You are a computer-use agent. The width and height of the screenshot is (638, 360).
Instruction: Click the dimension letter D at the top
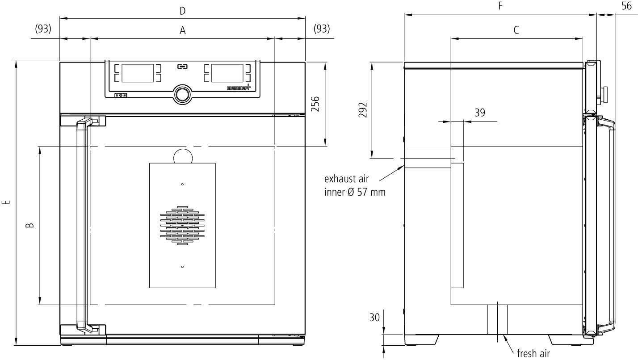tap(182, 11)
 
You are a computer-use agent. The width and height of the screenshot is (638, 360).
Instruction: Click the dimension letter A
tap(182, 30)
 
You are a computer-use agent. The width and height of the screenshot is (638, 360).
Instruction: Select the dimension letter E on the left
tap(6, 203)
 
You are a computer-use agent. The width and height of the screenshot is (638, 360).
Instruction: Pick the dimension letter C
tap(516, 30)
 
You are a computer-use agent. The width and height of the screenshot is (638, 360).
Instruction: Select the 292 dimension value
tap(363, 110)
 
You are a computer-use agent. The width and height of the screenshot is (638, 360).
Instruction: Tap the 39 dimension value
tap(479, 113)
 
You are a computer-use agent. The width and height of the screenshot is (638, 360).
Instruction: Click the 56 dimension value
tap(626, 6)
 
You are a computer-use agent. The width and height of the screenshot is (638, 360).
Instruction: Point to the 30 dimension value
tap(374, 318)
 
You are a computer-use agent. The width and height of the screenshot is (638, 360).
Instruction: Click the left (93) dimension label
tap(43, 29)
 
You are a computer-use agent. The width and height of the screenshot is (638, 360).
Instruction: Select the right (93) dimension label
tap(322, 29)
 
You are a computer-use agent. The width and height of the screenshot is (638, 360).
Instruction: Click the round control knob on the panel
tap(182, 94)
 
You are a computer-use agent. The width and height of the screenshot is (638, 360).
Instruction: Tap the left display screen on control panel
tap(138, 73)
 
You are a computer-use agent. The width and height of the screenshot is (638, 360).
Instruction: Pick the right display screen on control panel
tap(227, 73)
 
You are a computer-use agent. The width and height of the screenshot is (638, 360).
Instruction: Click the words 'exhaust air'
tap(346, 179)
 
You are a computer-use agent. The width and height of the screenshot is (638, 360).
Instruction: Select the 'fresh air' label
tap(533, 354)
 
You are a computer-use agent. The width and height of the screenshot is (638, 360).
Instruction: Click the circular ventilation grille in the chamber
tap(182, 226)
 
